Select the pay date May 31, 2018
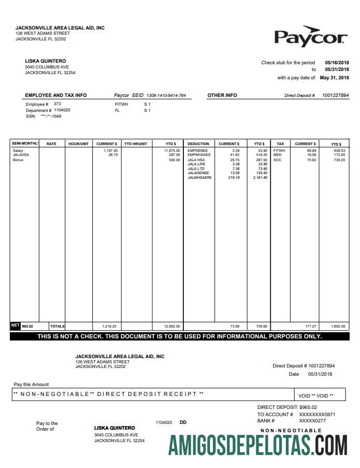point(334,78)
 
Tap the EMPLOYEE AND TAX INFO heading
point(56,95)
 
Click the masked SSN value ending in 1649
point(51,116)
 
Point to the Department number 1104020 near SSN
point(62,110)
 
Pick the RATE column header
point(51,144)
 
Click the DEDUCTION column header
point(198,144)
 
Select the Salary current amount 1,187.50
point(110,150)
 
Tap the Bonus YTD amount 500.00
point(174,160)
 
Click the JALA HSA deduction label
point(196,160)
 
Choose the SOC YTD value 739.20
point(339,160)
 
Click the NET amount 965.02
point(27,326)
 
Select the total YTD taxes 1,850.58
point(337,326)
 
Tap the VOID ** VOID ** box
point(316,395)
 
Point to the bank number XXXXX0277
point(312,420)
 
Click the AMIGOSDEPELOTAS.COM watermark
point(258,445)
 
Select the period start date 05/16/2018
point(337,62)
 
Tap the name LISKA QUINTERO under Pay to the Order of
point(114,428)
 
